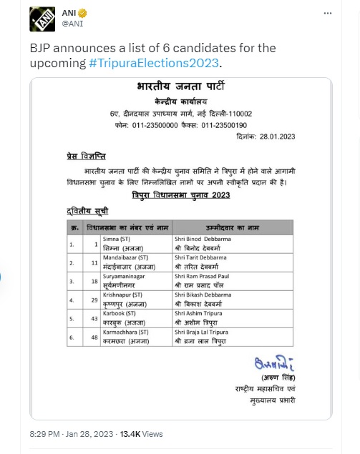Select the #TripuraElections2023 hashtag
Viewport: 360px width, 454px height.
(155, 63)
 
